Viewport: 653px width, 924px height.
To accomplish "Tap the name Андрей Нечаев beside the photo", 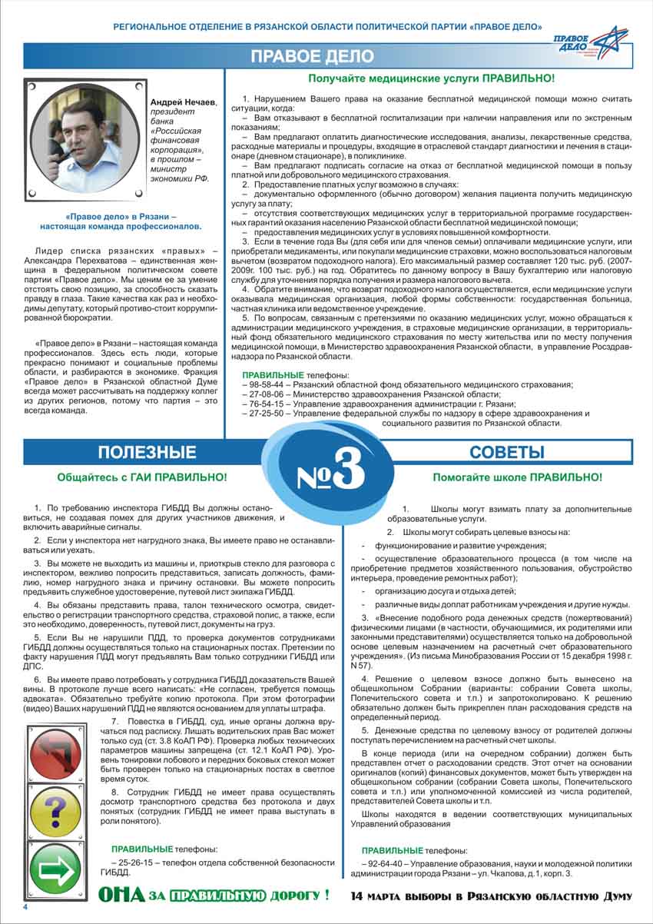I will click(184, 103).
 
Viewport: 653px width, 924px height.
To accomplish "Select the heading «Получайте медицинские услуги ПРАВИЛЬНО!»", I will click(431, 78).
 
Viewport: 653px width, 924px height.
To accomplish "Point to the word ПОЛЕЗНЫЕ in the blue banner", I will click(147, 451).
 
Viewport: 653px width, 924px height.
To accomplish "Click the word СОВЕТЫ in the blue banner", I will click(506, 451).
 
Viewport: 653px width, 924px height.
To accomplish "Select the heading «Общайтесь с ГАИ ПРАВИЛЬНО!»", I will click(142, 477).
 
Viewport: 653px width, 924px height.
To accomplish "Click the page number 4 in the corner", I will click(25, 907).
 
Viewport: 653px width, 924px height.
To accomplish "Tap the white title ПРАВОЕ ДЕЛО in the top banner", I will click(313, 57).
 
